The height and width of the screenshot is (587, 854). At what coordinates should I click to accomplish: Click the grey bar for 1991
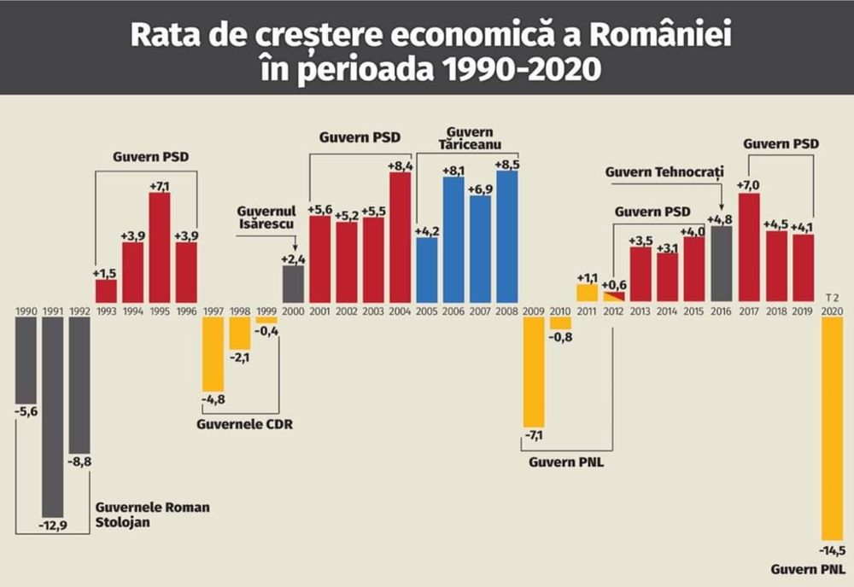point(52,418)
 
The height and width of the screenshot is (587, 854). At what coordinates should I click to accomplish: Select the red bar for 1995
point(159,247)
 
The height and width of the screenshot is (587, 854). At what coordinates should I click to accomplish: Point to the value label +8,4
point(401,165)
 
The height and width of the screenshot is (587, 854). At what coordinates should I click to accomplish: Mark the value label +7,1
point(160,185)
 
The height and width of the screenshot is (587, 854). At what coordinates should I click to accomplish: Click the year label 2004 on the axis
point(401,311)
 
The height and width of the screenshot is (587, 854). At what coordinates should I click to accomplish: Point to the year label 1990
point(26,311)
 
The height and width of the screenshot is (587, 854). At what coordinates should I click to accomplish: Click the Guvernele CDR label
point(245,423)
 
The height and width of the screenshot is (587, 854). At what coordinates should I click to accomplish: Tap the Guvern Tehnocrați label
point(664,171)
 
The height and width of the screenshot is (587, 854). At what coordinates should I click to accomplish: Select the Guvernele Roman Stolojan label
point(151,514)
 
